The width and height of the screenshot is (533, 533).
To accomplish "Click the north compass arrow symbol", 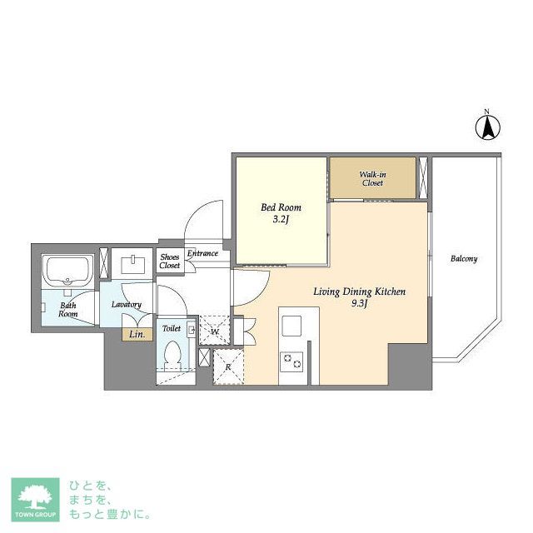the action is point(487,127).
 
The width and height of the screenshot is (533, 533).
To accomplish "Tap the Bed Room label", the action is point(281,207).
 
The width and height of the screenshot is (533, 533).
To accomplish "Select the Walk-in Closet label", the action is point(372,179).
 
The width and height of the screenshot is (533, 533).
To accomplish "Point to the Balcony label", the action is point(464,259).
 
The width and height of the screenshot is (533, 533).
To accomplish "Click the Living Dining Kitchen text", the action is point(359,291).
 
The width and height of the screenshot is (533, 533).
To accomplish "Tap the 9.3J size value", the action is point(359,303).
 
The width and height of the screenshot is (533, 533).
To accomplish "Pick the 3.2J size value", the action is point(281,219).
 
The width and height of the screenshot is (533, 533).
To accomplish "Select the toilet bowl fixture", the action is point(172,356).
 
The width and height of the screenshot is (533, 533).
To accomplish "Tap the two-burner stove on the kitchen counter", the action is point(291,361).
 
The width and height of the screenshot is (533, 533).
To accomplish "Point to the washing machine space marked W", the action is point(215,330).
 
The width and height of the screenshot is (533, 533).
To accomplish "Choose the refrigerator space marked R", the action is point(228,366).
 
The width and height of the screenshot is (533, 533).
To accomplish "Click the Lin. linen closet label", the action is point(137,335).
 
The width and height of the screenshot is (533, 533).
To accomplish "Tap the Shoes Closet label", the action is point(169,261).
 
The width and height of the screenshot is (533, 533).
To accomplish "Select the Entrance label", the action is point(202,253).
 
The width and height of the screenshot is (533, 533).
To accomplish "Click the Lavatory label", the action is point(127,305).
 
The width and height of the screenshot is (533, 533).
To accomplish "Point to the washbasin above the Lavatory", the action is point(132,264).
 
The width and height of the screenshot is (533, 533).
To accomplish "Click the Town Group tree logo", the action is point(35,500).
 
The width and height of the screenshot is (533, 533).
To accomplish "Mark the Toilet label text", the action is point(172,328).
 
